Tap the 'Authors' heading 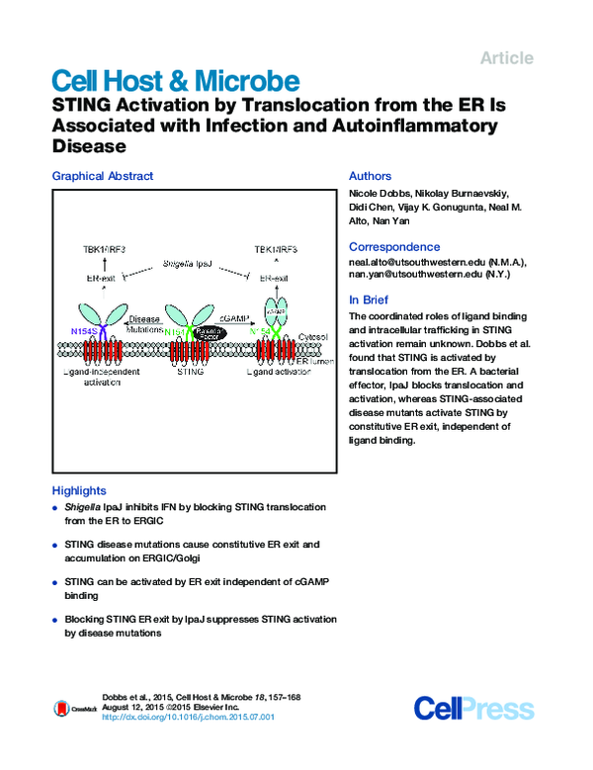click(371, 176)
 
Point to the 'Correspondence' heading click(392, 247)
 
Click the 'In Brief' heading click(370, 299)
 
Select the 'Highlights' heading click(78, 490)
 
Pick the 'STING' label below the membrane click(188, 374)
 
